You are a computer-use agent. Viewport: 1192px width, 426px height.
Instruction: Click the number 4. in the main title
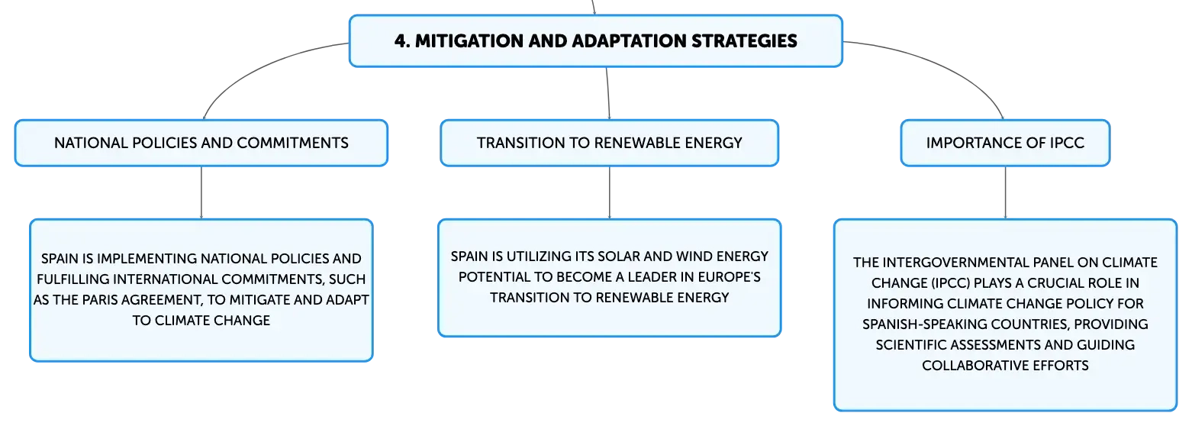(x=401, y=41)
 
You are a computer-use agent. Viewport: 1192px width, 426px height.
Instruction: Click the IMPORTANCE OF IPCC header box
(x=1005, y=143)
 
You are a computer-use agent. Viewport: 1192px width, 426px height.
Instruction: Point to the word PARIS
(x=99, y=300)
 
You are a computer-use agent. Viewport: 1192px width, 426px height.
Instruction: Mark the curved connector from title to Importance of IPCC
(x=942, y=66)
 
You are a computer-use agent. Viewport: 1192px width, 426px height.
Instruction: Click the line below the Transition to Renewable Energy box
(x=609, y=192)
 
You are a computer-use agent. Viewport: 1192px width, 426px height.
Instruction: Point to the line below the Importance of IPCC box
(x=1005, y=192)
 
